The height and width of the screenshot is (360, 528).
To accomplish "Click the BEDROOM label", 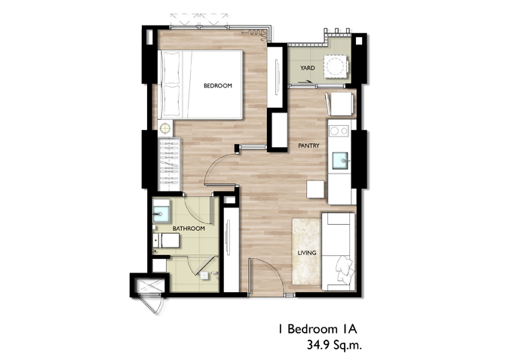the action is (x=217, y=85).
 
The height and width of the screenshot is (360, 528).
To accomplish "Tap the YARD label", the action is (x=308, y=68).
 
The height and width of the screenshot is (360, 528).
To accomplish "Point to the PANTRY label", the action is (x=309, y=146).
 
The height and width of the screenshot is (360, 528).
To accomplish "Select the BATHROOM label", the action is (x=189, y=229).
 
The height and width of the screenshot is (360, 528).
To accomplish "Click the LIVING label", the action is (x=307, y=253).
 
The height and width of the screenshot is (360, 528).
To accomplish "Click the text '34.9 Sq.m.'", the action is (x=334, y=345).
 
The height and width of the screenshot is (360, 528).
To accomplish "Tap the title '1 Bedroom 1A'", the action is (x=318, y=328).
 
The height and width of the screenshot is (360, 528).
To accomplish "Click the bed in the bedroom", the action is (x=201, y=85).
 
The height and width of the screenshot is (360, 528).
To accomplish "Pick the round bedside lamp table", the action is (x=165, y=128).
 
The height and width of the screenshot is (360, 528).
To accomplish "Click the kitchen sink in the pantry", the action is (x=340, y=161).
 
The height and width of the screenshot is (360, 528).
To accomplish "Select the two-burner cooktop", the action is (x=339, y=131).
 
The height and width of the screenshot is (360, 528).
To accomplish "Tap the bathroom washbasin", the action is (x=161, y=211).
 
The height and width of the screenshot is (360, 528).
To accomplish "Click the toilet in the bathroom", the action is (x=166, y=240).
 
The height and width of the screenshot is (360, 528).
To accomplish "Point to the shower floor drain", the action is (x=204, y=275).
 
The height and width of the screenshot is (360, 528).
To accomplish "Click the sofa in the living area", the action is (x=338, y=251).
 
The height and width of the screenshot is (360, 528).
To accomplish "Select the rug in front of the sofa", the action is (x=306, y=251).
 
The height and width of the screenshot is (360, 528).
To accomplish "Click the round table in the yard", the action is (x=336, y=66).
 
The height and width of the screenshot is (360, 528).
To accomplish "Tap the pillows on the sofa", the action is (x=345, y=269).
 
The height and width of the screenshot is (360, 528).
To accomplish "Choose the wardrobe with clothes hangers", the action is (x=169, y=165).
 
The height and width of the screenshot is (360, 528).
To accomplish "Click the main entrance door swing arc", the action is (x=274, y=268).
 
